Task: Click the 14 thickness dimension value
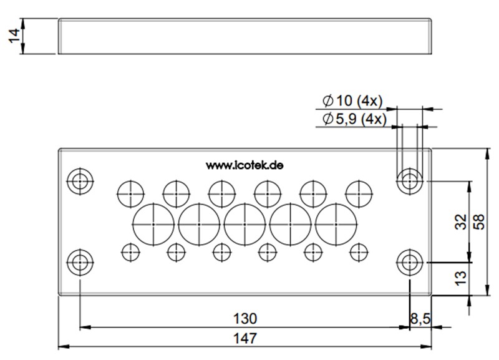point(14,36)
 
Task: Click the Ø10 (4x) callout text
point(353,101)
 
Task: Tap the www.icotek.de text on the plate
point(245,165)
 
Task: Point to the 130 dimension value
point(245,319)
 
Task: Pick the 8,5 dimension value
point(419,319)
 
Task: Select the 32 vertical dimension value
point(461,222)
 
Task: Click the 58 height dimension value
point(479,222)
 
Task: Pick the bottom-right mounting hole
point(409,262)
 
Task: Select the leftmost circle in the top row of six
point(130,193)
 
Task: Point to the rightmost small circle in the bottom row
point(359,252)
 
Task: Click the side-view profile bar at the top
point(245,36)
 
